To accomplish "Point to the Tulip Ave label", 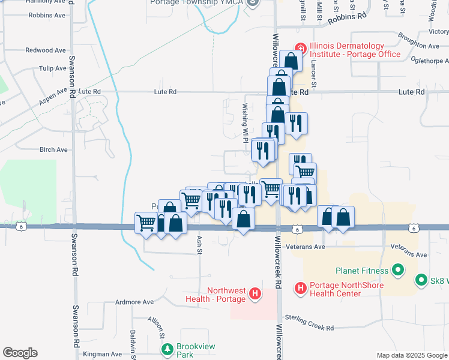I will [53, 68].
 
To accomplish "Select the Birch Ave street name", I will [53, 149].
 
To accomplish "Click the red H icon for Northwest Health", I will [256, 294].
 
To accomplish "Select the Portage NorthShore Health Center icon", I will [300, 289].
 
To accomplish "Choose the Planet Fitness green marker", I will [397, 271].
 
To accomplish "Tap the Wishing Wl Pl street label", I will [246, 122].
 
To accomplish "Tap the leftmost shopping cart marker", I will [146, 223].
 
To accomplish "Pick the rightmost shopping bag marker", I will [343, 217].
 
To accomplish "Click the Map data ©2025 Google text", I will [411, 355].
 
